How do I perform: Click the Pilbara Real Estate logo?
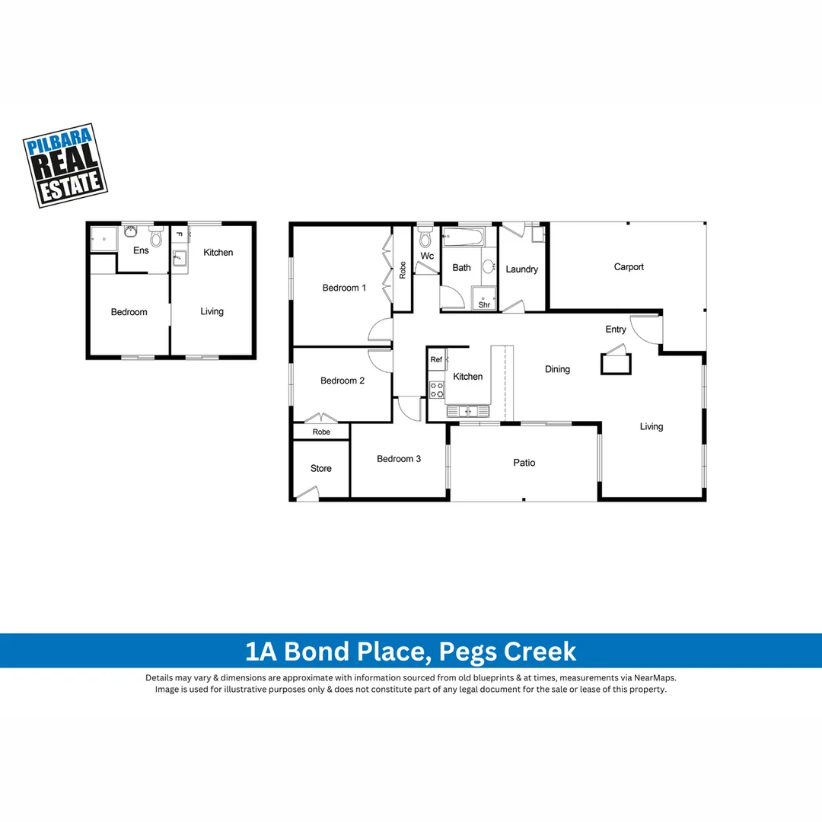pos(65,165)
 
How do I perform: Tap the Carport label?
pos(629,267)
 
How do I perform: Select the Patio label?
pos(524,463)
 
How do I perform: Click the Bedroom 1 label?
pos(344,288)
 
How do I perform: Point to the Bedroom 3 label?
pos(399,459)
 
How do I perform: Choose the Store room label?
pos(320,469)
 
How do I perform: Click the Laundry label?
pos(521,269)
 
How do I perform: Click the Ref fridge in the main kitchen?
pos(437,359)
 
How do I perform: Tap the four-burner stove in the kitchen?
pos(437,390)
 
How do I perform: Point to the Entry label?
pos(616,330)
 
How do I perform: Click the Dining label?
pos(557,369)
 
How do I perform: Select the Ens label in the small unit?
pos(141,250)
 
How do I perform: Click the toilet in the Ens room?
pos(157,238)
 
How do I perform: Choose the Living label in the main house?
pos(651,427)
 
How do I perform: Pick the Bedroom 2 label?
pos(342,381)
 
